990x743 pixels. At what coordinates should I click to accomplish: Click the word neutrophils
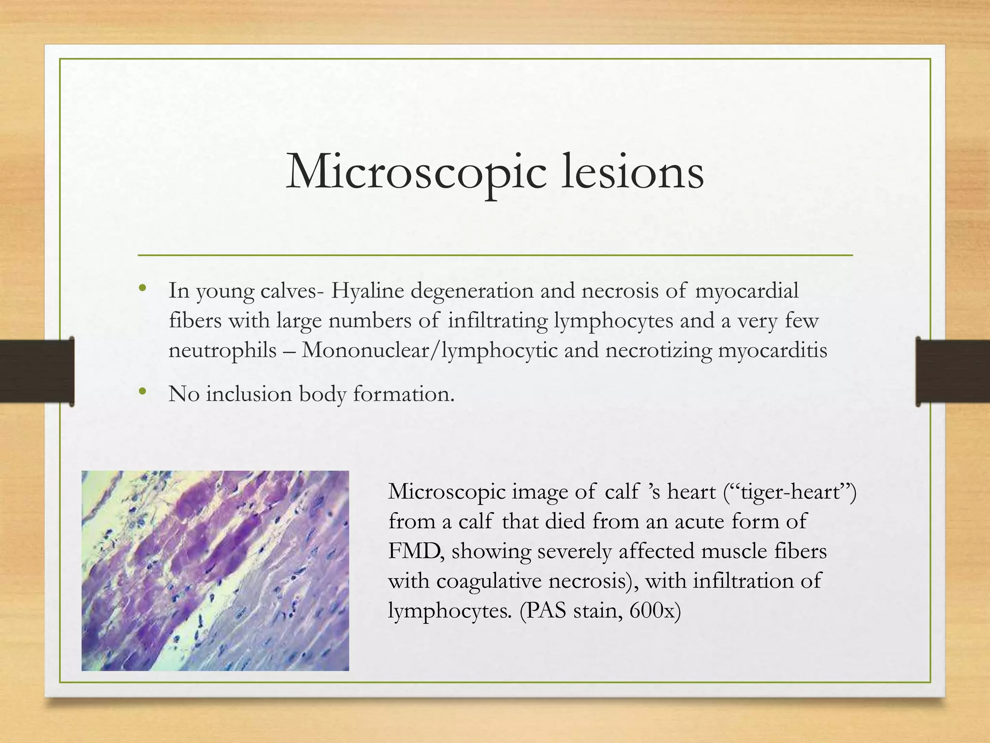click(222, 351)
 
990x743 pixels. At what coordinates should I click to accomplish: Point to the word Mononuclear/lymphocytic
click(430, 351)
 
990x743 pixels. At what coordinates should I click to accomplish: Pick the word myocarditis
click(772, 351)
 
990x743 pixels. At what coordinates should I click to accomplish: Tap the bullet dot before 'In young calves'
click(142, 289)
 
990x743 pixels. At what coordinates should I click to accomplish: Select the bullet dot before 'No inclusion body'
click(142, 392)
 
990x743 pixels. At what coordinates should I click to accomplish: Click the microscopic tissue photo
click(215, 571)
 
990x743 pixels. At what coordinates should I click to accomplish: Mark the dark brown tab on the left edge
click(37, 371)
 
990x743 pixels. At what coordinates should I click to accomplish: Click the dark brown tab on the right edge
click(952, 371)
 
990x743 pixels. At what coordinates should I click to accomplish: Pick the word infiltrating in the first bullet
click(497, 321)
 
